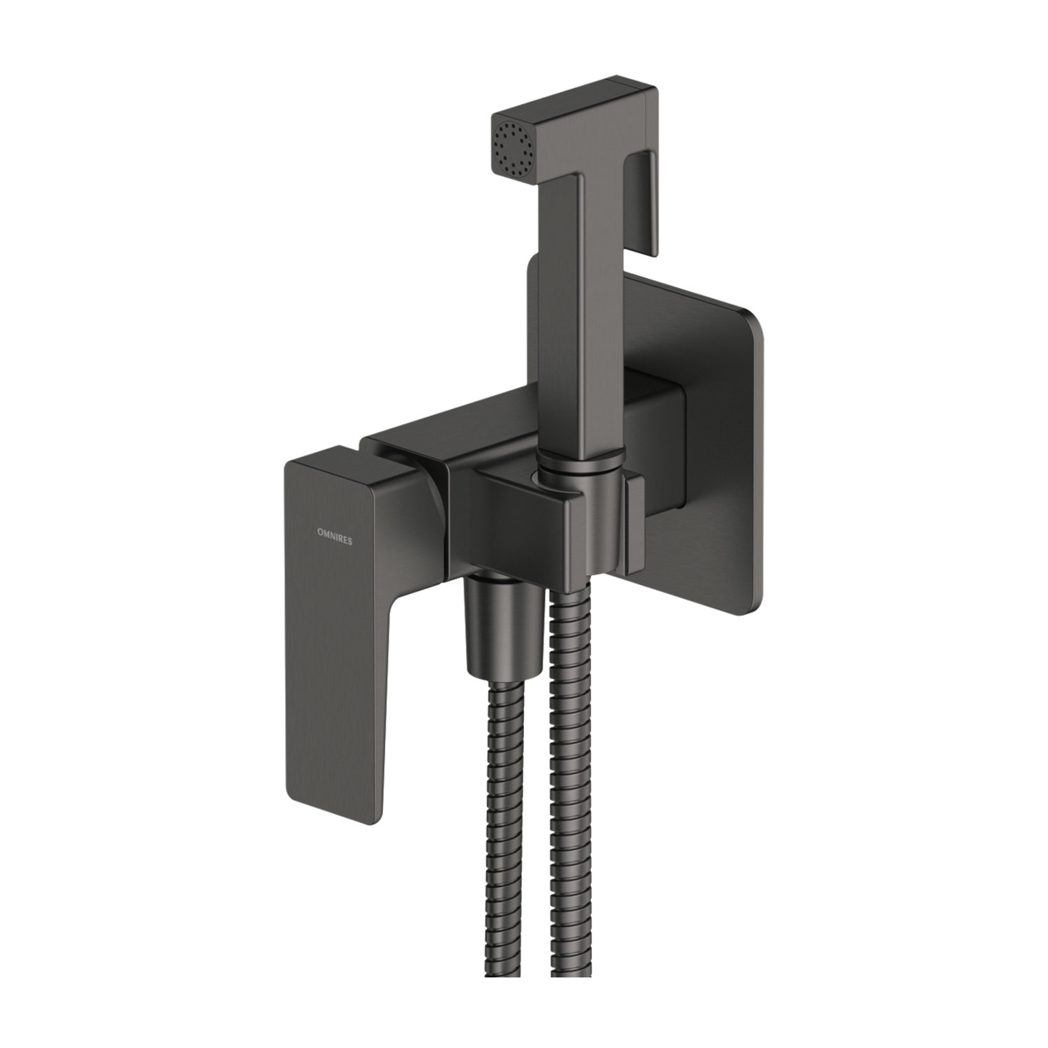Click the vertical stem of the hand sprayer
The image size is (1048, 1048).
pyautogui.click(x=580, y=314)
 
